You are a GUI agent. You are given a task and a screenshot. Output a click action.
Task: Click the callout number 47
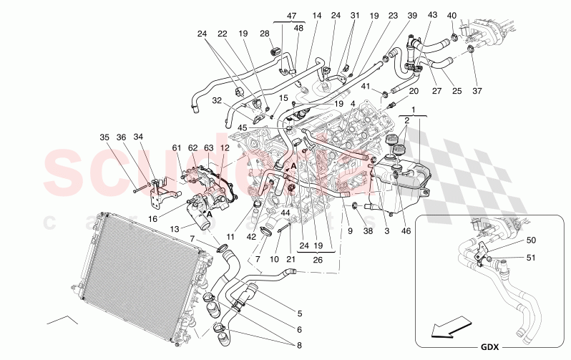tap(291, 16)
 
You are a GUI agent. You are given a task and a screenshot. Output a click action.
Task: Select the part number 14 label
tap(317, 16)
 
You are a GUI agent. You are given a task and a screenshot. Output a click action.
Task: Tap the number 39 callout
tap(412, 16)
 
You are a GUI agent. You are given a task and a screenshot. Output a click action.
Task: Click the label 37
tap(478, 91)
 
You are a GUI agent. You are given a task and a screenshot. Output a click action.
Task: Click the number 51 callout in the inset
tap(530, 259)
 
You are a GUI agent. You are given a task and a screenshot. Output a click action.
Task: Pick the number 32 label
tap(218, 101)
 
